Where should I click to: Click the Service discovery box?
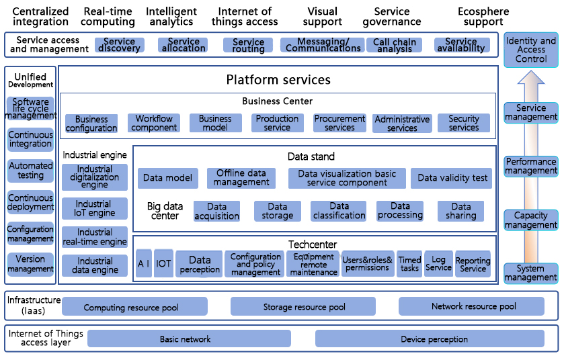pyautogui.click(x=120, y=45)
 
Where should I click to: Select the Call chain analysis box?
pyautogui.click(x=395, y=45)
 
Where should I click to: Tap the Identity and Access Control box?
pyautogui.click(x=531, y=50)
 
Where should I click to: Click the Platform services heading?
pyautogui.click(x=278, y=80)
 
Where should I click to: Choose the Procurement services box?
pyautogui.click(x=339, y=124)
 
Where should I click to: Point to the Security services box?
pyautogui.click(x=464, y=124)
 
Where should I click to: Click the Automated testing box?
pyautogui.click(x=31, y=171)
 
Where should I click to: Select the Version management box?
pyautogui.click(x=31, y=264)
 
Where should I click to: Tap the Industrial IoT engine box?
pyautogui.click(x=95, y=209)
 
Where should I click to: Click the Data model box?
pyautogui.click(x=168, y=178)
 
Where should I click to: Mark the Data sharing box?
pyautogui.click(x=461, y=211)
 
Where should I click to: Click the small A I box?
pyautogui.click(x=144, y=263)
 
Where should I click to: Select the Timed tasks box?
pyautogui.click(x=409, y=263)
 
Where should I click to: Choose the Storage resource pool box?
pyautogui.click(x=305, y=307)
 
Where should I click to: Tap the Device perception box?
pyautogui.click(x=434, y=339)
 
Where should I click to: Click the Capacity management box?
pyautogui.click(x=531, y=220)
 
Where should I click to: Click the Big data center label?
pyautogui.click(x=165, y=211)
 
